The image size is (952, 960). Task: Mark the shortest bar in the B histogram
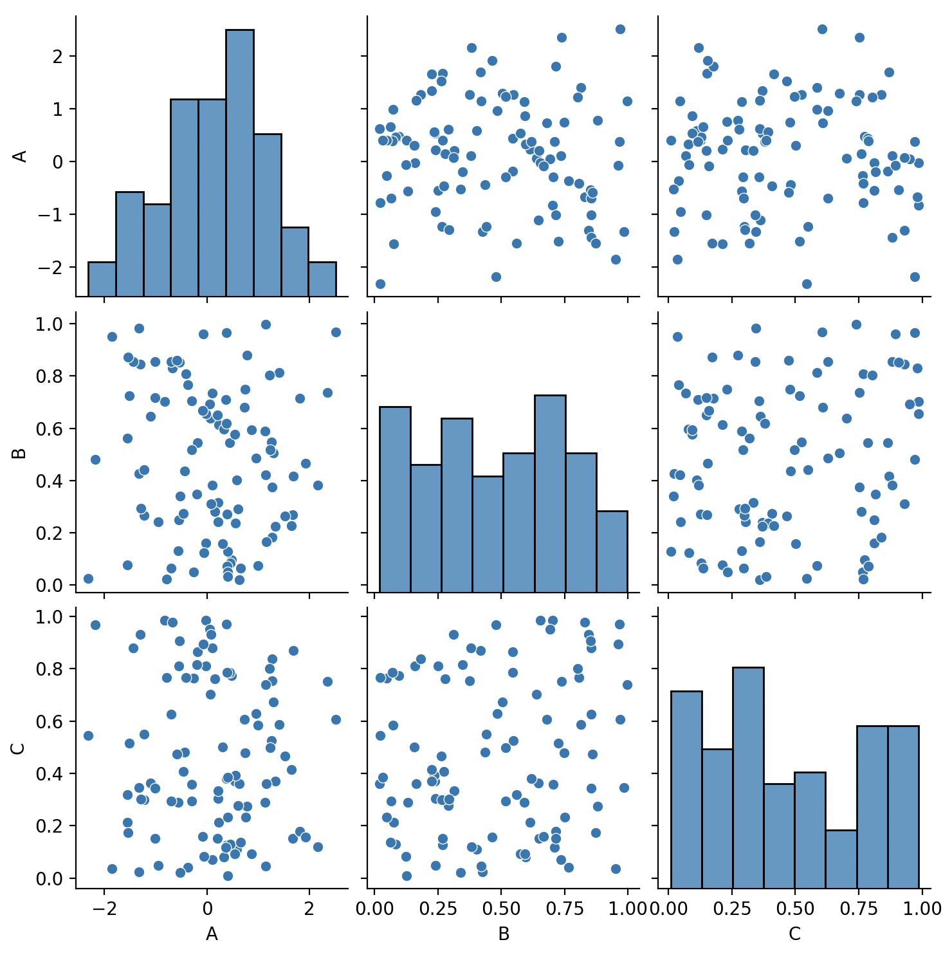(612, 548)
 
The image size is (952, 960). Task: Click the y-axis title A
(20, 156)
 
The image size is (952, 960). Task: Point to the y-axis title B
(20, 452)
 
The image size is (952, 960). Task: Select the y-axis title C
(20, 748)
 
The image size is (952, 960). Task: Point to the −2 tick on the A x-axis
(104, 908)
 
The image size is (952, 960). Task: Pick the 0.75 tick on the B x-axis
(564, 908)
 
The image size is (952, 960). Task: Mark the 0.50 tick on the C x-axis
(795, 908)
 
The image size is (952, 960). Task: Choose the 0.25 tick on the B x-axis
(437, 908)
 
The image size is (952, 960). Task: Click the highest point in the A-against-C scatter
(821, 29)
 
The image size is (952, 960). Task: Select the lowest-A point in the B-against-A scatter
(88, 578)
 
